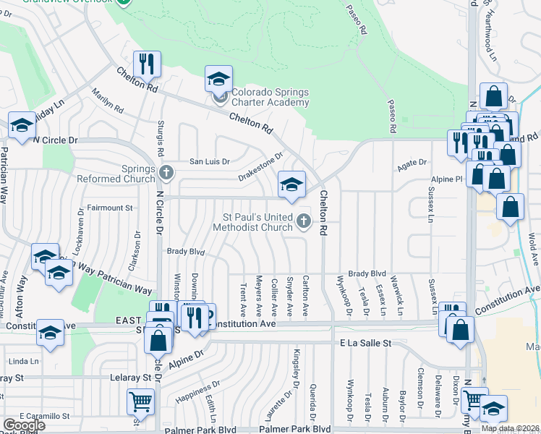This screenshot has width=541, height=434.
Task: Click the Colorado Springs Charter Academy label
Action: click(270, 97)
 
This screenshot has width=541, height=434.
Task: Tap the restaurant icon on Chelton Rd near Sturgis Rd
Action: click(147, 64)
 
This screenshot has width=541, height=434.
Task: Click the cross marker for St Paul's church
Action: click(303, 221)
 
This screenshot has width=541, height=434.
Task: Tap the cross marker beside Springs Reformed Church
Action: click(167, 172)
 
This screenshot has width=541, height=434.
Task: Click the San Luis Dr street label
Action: click(209, 161)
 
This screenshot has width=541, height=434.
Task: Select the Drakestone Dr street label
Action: click(260, 169)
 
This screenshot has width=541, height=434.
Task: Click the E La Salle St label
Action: click(365, 342)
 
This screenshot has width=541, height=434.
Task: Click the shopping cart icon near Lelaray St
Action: click(140, 401)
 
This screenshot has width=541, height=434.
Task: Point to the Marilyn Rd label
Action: click(108, 101)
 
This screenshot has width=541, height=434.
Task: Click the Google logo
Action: click(24, 425)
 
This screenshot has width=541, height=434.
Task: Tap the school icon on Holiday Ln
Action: click(22, 125)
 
